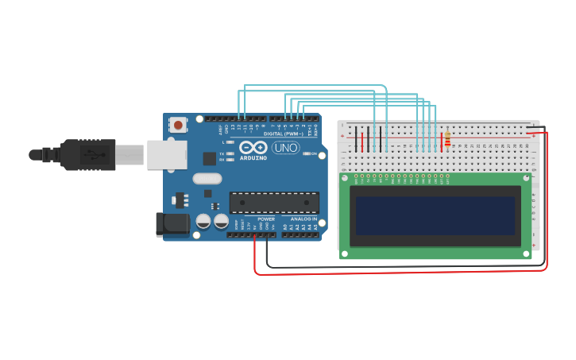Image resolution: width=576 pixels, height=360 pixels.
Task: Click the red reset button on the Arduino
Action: click(178, 125)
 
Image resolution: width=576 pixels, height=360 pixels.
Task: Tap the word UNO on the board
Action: click(285, 148)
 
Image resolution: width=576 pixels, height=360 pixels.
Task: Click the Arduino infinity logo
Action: click(253, 147)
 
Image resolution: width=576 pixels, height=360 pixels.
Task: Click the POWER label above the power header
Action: click(266, 219)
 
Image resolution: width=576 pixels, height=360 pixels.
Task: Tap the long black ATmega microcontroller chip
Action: click(274, 203)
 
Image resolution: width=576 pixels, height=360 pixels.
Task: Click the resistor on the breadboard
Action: click(447, 139)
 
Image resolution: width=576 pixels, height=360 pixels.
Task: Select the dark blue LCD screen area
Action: click(435, 215)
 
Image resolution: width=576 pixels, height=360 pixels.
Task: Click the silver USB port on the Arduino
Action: click(167, 154)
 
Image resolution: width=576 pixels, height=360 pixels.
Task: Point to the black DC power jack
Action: click(172, 225)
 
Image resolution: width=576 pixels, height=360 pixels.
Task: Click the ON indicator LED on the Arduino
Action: click(305, 153)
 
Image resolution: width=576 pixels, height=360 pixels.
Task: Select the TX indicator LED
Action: click(230, 153)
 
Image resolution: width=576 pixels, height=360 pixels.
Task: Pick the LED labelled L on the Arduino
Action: click(230, 142)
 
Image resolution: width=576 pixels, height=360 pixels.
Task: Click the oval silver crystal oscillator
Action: click(207, 179)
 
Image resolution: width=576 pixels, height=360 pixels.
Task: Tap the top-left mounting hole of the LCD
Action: click(344, 179)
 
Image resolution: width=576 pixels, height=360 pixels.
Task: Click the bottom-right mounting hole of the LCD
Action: click(527, 254)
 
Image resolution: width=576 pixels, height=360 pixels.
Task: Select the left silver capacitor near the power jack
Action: click(203, 222)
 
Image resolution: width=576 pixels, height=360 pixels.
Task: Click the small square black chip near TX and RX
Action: click(209, 158)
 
